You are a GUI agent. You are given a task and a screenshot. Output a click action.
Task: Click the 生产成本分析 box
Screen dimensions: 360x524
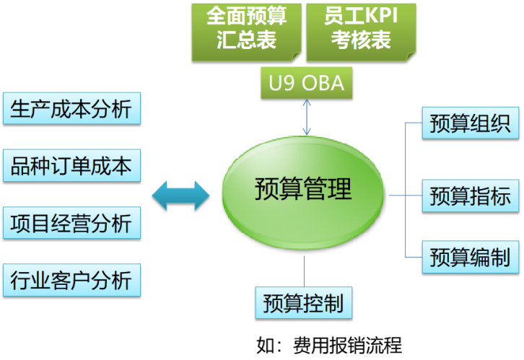pos(71,108)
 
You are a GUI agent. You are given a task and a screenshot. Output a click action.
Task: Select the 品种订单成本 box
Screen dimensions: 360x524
pos(71,166)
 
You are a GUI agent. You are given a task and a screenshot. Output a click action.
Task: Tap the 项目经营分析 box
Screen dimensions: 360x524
pos(71,223)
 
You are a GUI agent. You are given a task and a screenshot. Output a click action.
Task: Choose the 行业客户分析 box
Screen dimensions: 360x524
pos(71,279)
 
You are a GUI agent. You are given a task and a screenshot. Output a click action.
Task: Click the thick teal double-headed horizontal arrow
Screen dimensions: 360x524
pos(180,195)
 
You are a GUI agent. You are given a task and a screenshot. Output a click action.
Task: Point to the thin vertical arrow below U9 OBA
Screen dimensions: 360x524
pos(307,117)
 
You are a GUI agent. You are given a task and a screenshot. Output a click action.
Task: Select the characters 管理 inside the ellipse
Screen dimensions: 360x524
pos(328,190)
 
